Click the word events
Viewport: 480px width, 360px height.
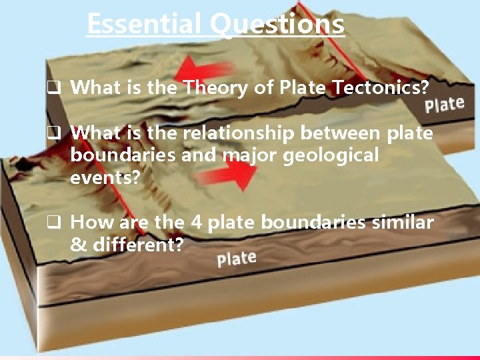(x=103, y=177)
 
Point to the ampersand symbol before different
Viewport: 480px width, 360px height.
(x=78, y=245)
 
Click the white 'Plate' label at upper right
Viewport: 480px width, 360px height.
(x=444, y=105)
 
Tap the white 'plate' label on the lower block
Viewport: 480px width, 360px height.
(x=237, y=258)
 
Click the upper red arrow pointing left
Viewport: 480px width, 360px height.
(x=207, y=69)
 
